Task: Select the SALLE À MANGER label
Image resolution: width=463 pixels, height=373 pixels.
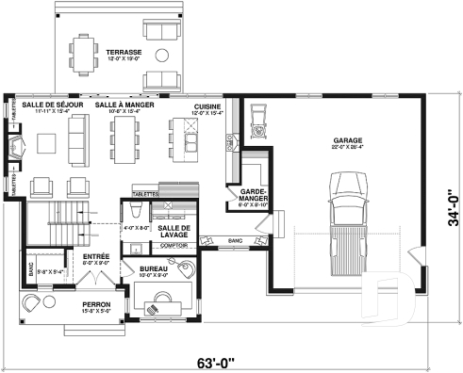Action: (124, 105)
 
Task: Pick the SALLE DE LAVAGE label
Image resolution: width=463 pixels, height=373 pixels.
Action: (174, 232)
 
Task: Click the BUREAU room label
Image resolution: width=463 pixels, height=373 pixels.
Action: (154, 269)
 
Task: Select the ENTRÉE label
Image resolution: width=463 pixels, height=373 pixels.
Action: (95, 255)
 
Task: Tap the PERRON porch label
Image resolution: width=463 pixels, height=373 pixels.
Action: (95, 305)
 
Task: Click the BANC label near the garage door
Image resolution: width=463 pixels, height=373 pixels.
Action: (237, 241)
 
